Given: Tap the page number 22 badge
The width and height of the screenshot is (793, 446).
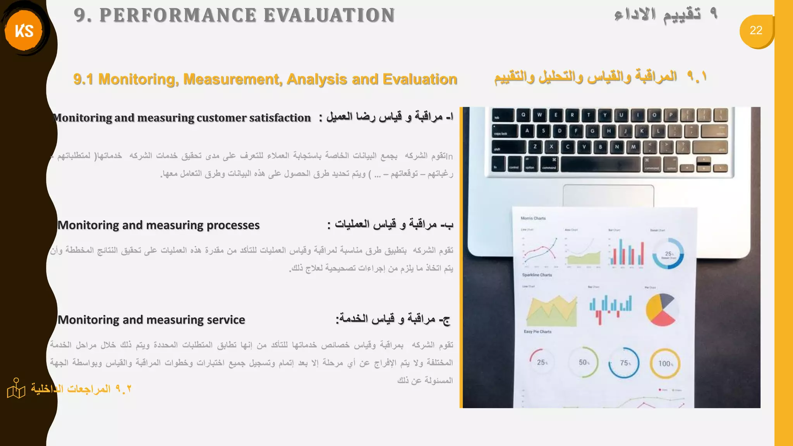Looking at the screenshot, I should pos(756,31).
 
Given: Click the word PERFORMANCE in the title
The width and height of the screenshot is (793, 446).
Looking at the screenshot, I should pos(178,15).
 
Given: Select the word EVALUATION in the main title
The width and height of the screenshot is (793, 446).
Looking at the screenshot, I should pos(330,15).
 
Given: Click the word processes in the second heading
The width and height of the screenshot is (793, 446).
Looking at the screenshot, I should pos(233,225).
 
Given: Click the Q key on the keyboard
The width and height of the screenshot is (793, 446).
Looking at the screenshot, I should pos(524,115).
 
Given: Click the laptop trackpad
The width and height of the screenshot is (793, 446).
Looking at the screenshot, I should pos(608,196).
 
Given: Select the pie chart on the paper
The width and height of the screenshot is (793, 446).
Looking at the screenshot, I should pos(662,309).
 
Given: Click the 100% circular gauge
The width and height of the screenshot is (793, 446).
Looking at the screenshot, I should pos(665,364).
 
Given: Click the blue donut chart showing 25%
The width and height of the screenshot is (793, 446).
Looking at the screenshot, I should pos(668,254).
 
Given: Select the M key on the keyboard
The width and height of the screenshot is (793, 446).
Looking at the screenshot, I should pos(633,147).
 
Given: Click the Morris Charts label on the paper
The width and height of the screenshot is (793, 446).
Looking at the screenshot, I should pos(533,218).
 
